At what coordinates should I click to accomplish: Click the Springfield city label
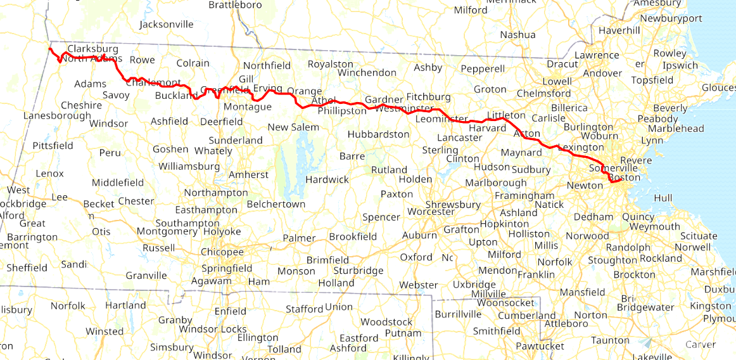click(227, 268)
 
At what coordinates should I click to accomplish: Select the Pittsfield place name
click(53, 145)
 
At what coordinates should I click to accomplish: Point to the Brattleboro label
click(235, 4)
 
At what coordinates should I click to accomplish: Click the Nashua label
click(517, 35)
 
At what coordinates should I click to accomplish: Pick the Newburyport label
click(671, 18)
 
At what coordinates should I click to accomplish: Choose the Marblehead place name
click(680, 129)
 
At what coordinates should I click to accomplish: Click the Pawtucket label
click(539, 346)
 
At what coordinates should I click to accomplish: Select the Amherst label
click(248, 174)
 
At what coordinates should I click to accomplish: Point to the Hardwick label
click(327, 179)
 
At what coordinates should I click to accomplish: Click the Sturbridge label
click(358, 271)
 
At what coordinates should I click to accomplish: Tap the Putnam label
click(403, 333)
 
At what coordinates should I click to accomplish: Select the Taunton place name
click(609, 340)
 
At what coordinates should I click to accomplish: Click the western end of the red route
click(49, 48)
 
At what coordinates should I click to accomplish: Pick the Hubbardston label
click(378, 134)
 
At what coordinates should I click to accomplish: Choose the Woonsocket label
click(507, 302)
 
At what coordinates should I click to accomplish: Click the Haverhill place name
click(619, 30)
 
